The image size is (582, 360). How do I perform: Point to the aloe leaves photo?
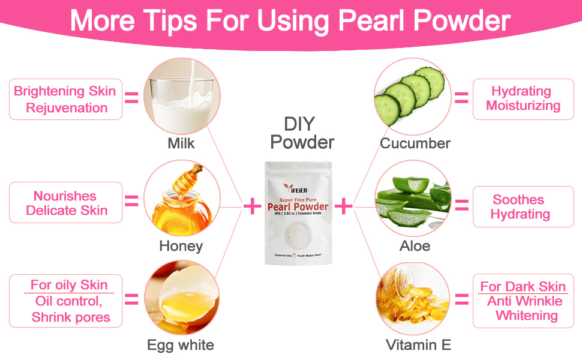click(x=412, y=199)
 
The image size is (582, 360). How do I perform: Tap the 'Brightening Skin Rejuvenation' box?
click(x=65, y=100)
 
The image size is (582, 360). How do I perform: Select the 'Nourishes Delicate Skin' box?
click(x=65, y=203)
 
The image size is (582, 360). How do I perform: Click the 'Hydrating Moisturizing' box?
click(x=523, y=99)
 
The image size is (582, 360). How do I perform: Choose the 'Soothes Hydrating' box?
click(x=520, y=207)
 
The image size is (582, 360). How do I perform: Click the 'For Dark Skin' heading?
click(x=523, y=286)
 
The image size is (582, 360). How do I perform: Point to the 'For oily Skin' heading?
click(x=69, y=285)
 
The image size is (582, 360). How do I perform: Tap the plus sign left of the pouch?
click(x=251, y=206)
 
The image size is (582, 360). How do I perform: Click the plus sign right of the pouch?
click(x=343, y=206)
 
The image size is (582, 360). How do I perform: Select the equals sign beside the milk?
click(x=131, y=98)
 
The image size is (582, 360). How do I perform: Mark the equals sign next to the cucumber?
click(x=461, y=98)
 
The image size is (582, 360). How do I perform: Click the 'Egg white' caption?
click(x=180, y=345)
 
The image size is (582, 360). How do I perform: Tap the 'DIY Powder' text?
click(x=302, y=133)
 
